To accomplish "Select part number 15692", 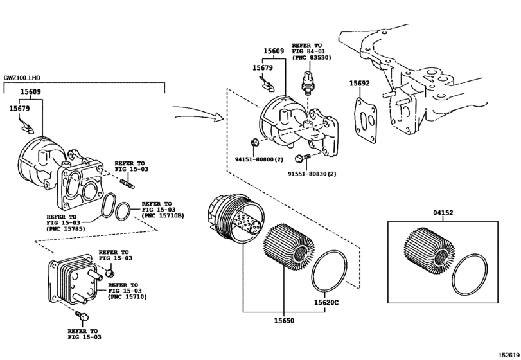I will pos(360,84).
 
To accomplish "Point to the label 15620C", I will pos(327,302).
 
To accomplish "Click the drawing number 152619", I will pos(507,354).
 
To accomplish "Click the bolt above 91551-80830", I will pos(301,157).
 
